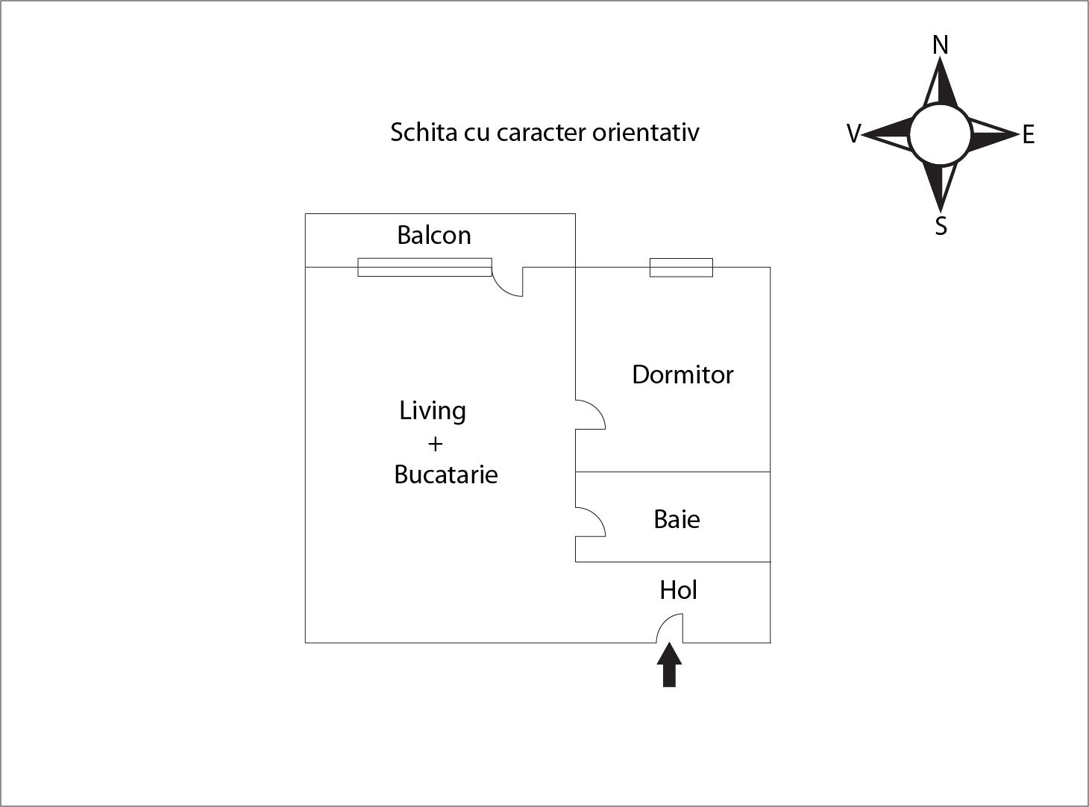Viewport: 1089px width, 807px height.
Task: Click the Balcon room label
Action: pos(434,235)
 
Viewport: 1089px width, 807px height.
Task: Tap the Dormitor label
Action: pos(682,374)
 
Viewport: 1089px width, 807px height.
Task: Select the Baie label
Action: pos(677,519)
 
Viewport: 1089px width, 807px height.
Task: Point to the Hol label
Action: pos(678,590)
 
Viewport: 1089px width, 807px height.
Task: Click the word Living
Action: pos(432,411)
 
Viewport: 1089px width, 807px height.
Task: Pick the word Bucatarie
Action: pos(446,474)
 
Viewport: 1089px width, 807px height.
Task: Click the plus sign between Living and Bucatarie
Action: pos(435,444)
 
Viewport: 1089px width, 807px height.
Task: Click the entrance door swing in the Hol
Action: pos(669,628)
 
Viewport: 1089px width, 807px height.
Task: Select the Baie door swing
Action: pos(590,521)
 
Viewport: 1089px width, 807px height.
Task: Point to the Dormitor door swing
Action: pos(590,415)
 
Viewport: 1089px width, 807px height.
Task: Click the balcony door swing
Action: pos(507,282)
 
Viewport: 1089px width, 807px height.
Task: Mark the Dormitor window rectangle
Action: pos(681,268)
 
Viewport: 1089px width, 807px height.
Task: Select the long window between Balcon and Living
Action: pos(424,267)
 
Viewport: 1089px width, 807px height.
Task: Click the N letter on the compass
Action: pos(941,45)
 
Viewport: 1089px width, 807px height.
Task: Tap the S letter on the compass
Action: pos(941,226)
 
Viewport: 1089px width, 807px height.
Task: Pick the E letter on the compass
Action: pos(1028,134)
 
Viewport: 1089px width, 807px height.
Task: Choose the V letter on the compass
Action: pos(854,134)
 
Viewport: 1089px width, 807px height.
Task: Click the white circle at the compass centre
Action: pos(941,134)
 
